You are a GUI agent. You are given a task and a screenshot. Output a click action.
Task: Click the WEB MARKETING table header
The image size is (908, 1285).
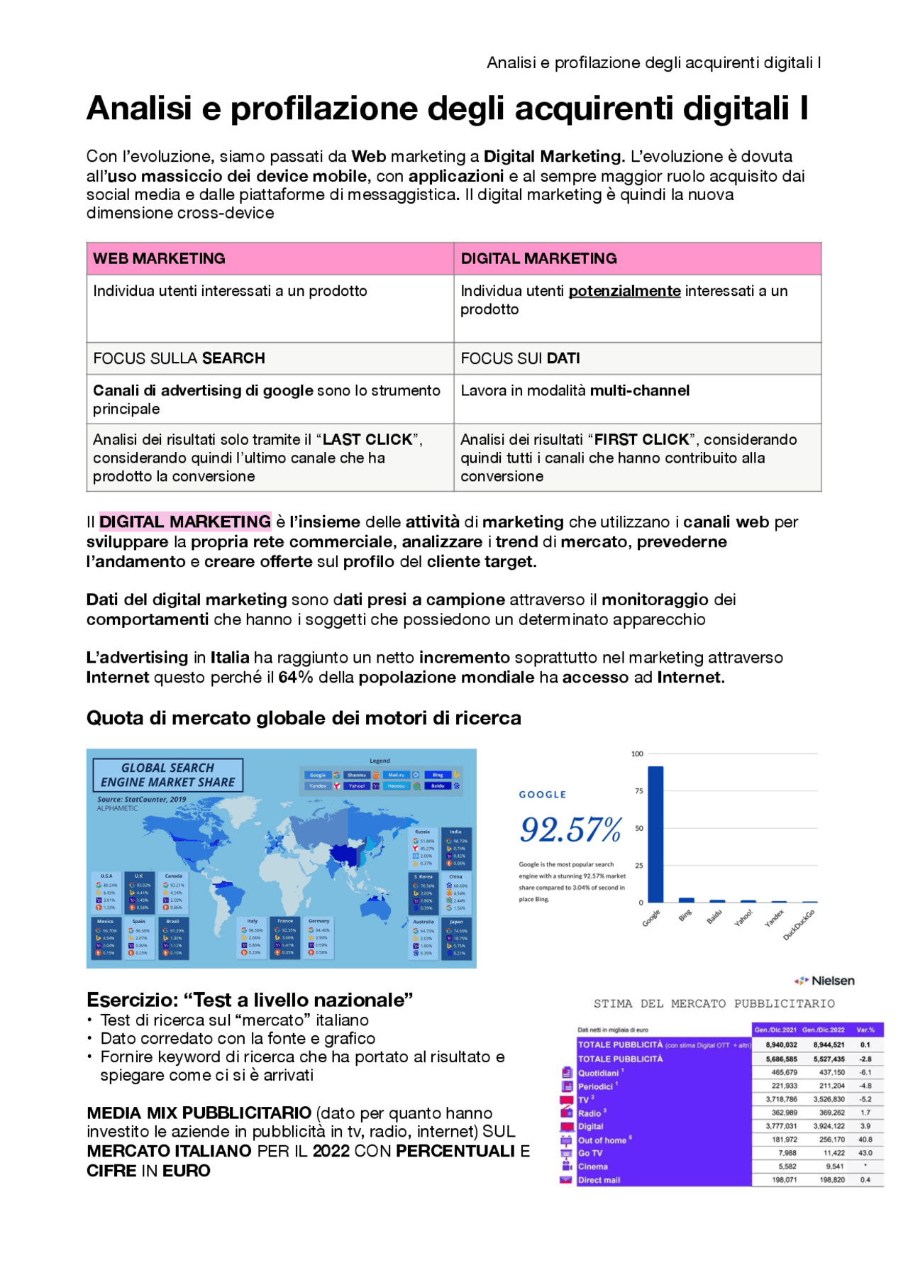coord(160,258)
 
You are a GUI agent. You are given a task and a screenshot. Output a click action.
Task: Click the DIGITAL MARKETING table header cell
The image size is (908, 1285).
coord(539,258)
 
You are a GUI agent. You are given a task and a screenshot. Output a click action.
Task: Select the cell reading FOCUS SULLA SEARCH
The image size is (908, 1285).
coord(179,358)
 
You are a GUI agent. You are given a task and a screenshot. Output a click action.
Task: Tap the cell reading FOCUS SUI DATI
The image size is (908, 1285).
coord(521,358)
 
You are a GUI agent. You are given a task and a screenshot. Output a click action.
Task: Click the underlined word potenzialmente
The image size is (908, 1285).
coord(625,291)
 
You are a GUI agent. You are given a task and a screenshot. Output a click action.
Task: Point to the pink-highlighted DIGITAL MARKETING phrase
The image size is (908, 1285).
coord(185,522)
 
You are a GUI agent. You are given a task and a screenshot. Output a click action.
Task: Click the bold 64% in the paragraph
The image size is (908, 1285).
coord(296,678)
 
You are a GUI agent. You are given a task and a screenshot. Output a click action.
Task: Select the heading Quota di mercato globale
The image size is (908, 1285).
coord(304,718)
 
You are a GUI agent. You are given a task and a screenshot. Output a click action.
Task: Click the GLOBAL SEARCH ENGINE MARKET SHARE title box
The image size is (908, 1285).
coord(168,775)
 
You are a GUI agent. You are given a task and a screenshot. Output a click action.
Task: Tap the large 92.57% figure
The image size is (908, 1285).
coord(571,829)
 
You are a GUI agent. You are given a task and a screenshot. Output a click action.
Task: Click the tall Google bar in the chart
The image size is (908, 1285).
coord(655,834)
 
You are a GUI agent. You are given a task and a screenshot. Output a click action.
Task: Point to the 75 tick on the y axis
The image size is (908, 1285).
coord(639,791)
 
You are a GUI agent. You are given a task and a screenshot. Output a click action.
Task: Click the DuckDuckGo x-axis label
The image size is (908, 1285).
coord(799,925)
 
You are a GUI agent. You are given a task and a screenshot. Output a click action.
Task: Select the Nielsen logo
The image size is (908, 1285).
coord(825,981)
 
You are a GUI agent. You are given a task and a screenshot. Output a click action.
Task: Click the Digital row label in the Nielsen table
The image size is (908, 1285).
coord(591,1126)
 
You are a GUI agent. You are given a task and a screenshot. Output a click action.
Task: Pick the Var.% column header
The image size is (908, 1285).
coord(865,1030)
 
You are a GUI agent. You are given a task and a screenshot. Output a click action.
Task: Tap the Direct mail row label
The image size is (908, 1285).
coord(599,1180)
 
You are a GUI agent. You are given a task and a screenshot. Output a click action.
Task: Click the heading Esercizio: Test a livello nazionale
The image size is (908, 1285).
coord(250,1000)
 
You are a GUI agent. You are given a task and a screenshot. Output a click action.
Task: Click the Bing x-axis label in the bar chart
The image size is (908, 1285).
coord(685,916)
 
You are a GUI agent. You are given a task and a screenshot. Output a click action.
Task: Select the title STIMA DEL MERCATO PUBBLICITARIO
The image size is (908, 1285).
coord(714,1004)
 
